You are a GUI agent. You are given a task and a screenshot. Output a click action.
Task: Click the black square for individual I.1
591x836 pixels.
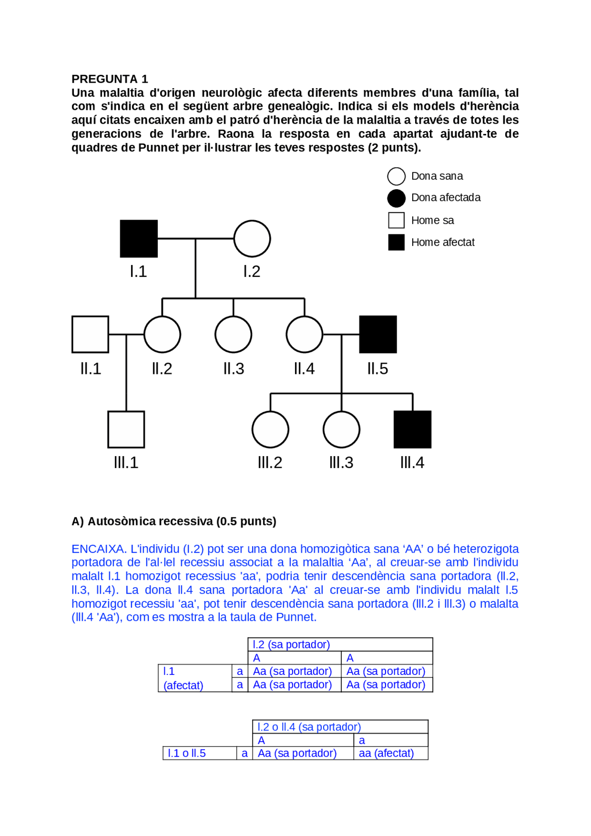tap(139, 239)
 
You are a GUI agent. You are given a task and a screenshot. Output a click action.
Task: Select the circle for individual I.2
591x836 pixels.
tap(252, 239)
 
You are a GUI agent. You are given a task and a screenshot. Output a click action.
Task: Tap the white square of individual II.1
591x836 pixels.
tap(90, 334)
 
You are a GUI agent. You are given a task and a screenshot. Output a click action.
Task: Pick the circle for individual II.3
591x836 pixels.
tap(233, 334)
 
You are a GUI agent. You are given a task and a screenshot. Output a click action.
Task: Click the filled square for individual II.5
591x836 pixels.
tap(378, 334)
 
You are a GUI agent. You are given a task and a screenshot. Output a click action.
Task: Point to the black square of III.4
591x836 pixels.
tap(412, 429)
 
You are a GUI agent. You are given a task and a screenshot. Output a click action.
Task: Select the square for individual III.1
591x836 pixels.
tap(126, 429)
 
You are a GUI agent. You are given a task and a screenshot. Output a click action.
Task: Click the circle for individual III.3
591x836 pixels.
tap(341, 429)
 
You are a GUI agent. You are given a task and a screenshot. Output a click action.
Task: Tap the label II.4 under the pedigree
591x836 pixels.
tap(304, 369)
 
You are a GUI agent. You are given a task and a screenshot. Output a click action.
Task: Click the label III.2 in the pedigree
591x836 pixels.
tap(270, 463)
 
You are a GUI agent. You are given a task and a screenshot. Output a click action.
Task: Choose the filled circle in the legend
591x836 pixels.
tap(396, 198)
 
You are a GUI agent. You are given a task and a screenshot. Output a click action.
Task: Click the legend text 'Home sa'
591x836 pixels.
tap(432, 221)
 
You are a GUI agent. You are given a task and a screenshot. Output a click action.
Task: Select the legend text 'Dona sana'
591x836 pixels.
tap(437, 176)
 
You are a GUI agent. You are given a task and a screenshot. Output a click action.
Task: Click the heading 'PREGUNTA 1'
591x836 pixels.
tap(110, 79)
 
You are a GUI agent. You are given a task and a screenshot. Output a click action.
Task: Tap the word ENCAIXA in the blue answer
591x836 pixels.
tap(98, 549)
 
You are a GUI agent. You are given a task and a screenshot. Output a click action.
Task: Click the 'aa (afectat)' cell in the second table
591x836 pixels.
tap(386, 753)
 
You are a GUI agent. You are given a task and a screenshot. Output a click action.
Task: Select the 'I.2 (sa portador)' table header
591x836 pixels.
tap(291, 644)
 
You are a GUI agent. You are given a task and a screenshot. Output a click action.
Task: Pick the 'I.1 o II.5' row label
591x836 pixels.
tap(187, 753)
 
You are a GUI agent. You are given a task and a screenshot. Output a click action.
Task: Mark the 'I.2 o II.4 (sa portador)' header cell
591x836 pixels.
tap(309, 727)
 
